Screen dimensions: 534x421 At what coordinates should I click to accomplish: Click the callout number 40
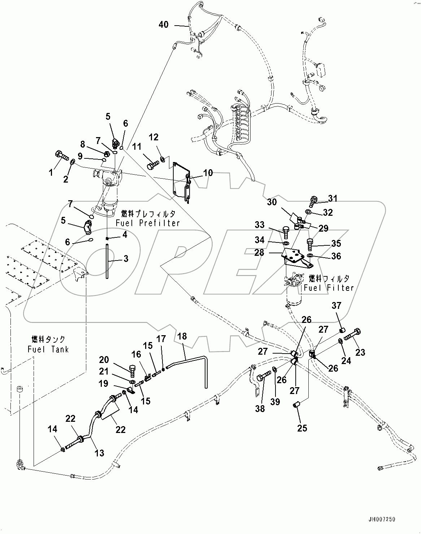(164, 25)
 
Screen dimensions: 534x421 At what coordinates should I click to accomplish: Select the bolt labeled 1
(62, 157)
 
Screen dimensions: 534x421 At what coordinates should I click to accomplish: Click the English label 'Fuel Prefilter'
(148, 223)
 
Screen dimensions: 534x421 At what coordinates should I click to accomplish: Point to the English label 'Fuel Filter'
(329, 288)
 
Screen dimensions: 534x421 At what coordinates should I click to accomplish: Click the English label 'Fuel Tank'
(48, 349)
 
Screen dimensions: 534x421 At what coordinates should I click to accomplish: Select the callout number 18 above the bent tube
(182, 336)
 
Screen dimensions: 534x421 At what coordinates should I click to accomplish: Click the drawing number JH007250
(382, 520)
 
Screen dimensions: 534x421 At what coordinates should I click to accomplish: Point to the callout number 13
(99, 452)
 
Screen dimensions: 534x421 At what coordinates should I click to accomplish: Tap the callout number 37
(336, 306)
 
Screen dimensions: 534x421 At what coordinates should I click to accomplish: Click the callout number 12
(153, 137)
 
